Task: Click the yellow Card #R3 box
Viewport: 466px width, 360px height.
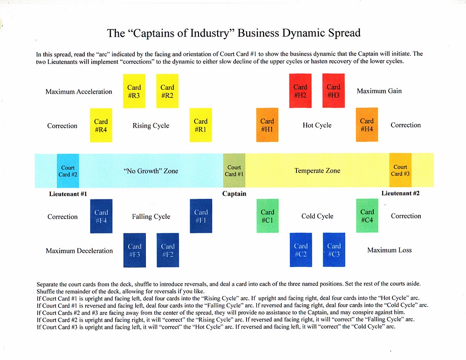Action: (134, 91)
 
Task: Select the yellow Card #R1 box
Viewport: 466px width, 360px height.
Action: (200, 125)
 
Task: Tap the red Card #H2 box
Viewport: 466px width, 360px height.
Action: (301, 90)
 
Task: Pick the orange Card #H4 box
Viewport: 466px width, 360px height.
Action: (367, 124)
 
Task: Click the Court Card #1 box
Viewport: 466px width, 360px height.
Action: (234, 170)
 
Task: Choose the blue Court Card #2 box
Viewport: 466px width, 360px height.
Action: (68, 171)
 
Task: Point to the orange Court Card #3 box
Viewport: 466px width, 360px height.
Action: (400, 170)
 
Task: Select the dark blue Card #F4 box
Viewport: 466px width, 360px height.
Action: (101, 216)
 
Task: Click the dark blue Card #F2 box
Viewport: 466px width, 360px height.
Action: (168, 250)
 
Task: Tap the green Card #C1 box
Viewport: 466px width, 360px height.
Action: (267, 216)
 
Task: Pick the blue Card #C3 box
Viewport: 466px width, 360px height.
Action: (334, 250)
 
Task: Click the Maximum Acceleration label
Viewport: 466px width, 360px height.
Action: (79, 92)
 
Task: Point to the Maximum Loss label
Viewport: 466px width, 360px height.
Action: (390, 250)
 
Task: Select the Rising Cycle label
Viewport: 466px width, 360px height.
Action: (151, 126)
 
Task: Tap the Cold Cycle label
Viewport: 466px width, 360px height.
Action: (317, 216)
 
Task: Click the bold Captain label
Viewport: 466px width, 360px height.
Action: (234, 194)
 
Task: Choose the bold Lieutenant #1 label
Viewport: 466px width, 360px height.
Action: (68, 194)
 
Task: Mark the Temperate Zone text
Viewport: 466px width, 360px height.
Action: (317, 171)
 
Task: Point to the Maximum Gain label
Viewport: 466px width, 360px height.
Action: (379, 91)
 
